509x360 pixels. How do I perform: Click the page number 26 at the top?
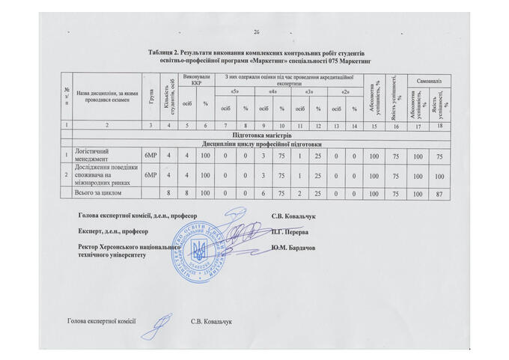tap(256, 31)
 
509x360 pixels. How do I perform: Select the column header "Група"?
tap(151, 95)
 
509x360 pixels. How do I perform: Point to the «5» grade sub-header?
tap(235, 91)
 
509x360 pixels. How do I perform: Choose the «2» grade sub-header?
tap(345, 91)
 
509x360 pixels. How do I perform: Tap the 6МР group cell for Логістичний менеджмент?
tap(150, 154)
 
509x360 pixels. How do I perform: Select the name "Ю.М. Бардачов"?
tap(299, 248)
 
